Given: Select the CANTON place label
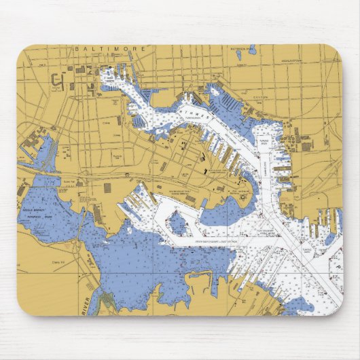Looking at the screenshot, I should pos(261,97).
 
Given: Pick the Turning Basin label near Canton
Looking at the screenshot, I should pos(264,142).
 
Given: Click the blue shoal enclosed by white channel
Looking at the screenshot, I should pos(179,223).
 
